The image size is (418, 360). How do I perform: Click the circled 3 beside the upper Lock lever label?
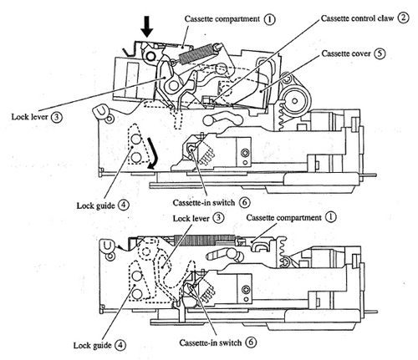click(x=56, y=117)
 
